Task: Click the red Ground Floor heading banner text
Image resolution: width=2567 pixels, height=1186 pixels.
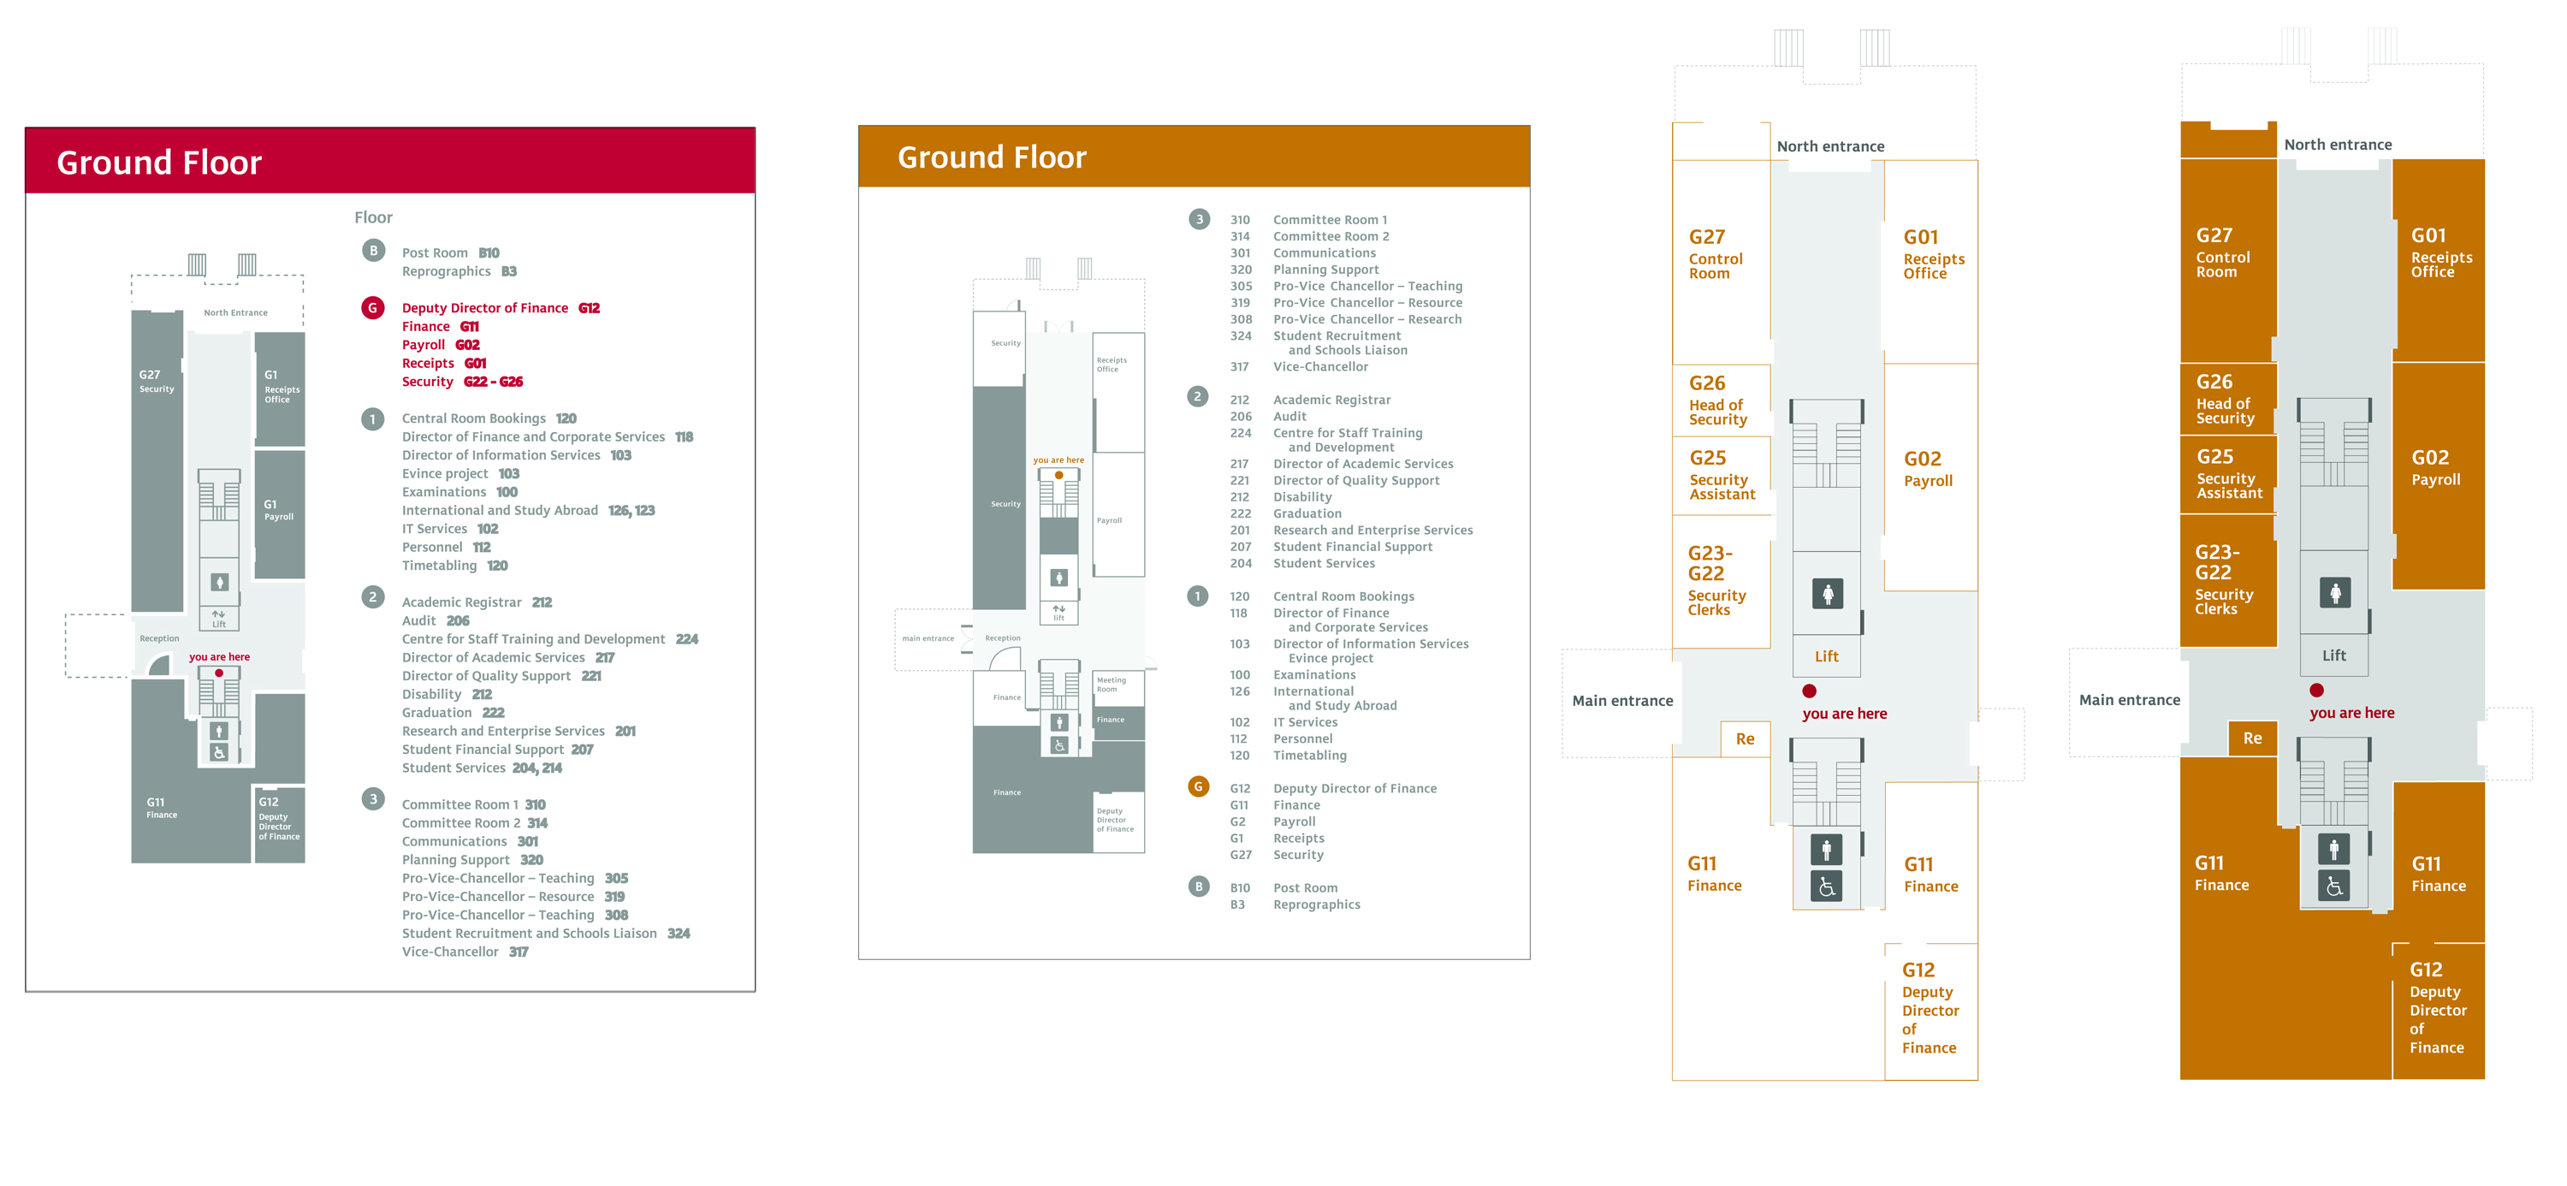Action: click(158, 163)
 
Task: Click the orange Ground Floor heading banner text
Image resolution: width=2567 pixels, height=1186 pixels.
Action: click(992, 157)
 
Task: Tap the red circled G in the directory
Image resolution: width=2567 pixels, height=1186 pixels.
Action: click(373, 308)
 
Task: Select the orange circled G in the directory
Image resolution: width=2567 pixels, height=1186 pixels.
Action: click(1198, 786)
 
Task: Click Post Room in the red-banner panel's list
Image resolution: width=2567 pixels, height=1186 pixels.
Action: click(435, 253)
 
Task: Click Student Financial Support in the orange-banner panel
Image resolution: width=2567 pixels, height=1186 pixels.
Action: click(1352, 547)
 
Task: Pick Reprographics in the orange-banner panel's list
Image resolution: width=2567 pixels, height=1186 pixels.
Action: click(1315, 905)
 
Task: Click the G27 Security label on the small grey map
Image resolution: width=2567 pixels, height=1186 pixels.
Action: click(156, 382)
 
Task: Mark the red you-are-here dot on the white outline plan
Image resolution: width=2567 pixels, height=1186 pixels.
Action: click(1809, 691)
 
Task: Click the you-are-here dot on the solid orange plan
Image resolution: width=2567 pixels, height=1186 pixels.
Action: click(2317, 690)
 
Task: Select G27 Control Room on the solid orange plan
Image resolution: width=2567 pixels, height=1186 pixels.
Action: click(2221, 253)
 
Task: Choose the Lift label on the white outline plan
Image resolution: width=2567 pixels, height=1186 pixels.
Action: click(1827, 655)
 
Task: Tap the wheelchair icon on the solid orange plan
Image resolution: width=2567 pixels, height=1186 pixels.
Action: click(2333, 885)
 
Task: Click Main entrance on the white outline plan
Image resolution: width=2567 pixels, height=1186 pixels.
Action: click(1622, 701)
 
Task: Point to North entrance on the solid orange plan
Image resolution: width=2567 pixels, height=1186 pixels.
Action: click(2338, 145)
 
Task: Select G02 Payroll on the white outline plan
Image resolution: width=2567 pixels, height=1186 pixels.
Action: click(1927, 468)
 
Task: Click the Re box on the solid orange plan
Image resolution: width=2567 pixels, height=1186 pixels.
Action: click(2252, 738)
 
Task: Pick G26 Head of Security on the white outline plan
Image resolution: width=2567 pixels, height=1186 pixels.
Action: click(1716, 400)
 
